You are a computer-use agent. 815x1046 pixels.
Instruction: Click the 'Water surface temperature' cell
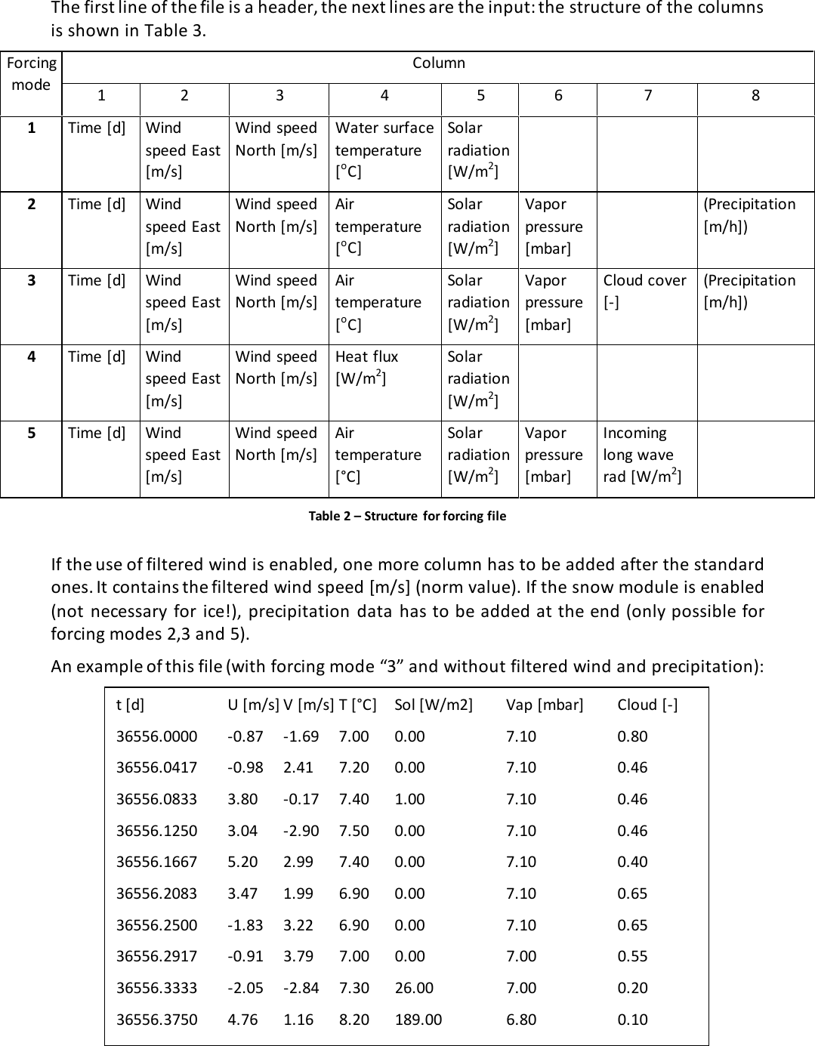click(x=384, y=150)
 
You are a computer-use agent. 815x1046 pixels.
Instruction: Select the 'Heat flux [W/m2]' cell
click(x=366, y=366)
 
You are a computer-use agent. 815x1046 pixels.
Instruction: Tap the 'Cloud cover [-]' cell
click(x=644, y=291)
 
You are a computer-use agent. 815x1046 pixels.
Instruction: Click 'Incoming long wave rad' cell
click(x=642, y=454)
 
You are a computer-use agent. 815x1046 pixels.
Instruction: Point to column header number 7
click(x=647, y=95)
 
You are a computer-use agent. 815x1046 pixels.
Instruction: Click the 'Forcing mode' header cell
click(x=31, y=74)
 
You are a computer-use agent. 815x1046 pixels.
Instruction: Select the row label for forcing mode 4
click(x=31, y=356)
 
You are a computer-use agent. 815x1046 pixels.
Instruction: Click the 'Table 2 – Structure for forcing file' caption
click(x=407, y=516)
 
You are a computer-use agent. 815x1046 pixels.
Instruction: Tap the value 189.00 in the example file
click(x=418, y=1020)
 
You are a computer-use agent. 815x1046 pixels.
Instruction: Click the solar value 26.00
click(x=414, y=988)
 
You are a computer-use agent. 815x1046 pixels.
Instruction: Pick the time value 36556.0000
click(x=156, y=736)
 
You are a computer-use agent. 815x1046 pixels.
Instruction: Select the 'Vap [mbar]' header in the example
click(x=545, y=705)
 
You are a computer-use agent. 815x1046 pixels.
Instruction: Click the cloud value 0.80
click(x=632, y=736)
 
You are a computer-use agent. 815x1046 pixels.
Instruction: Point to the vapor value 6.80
click(x=521, y=1020)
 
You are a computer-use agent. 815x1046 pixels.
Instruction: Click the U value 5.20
click(x=242, y=862)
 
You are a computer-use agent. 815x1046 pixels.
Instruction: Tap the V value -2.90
click(x=301, y=831)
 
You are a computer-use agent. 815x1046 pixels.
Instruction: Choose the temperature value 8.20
click(x=353, y=1020)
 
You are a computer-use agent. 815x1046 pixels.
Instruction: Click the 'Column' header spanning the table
click(x=438, y=63)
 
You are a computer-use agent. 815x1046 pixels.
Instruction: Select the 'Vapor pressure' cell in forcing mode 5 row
click(x=554, y=454)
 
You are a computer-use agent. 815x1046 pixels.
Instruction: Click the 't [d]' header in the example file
click(x=130, y=705)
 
